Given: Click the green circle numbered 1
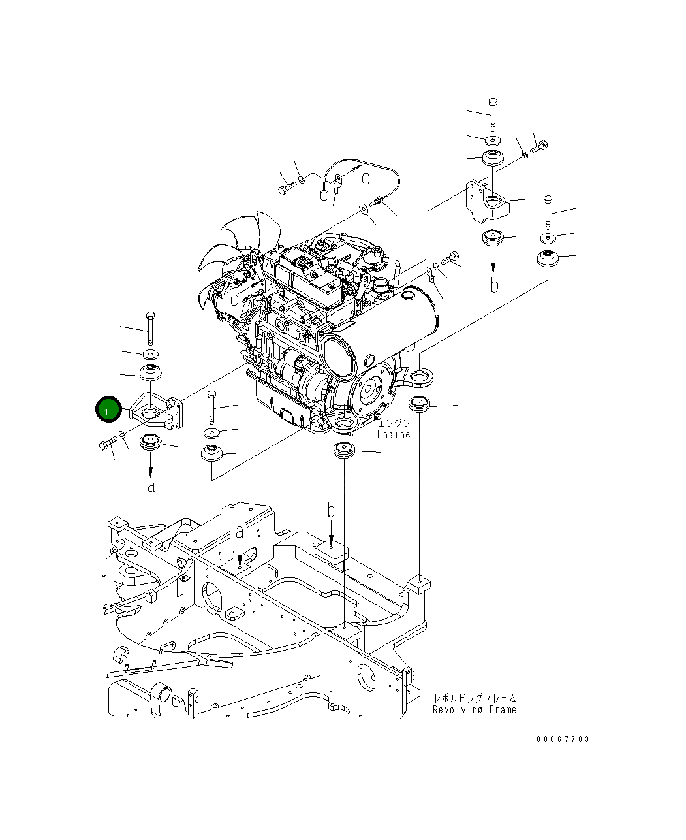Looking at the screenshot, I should [108, 410].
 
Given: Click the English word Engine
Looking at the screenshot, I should [394, 434].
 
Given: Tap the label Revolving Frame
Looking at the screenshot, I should [475, 709].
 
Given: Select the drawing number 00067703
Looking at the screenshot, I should [563, 739].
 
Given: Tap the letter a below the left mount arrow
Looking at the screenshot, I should [151, 486].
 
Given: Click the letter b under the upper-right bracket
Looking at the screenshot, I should [495, 285].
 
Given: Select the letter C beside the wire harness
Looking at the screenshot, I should [366, 178].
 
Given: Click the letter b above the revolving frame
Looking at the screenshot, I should [331, 510].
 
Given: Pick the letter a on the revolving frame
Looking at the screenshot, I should [240, 532].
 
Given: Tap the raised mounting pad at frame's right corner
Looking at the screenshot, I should [418, 583].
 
